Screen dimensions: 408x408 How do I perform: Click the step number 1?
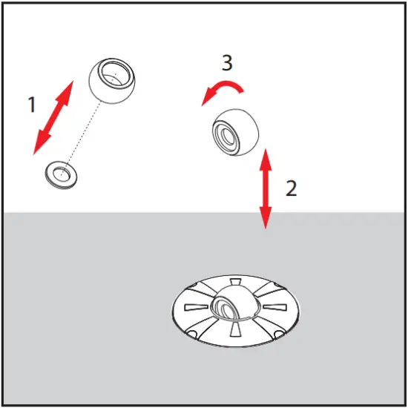31,105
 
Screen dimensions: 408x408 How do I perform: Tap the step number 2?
292,188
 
